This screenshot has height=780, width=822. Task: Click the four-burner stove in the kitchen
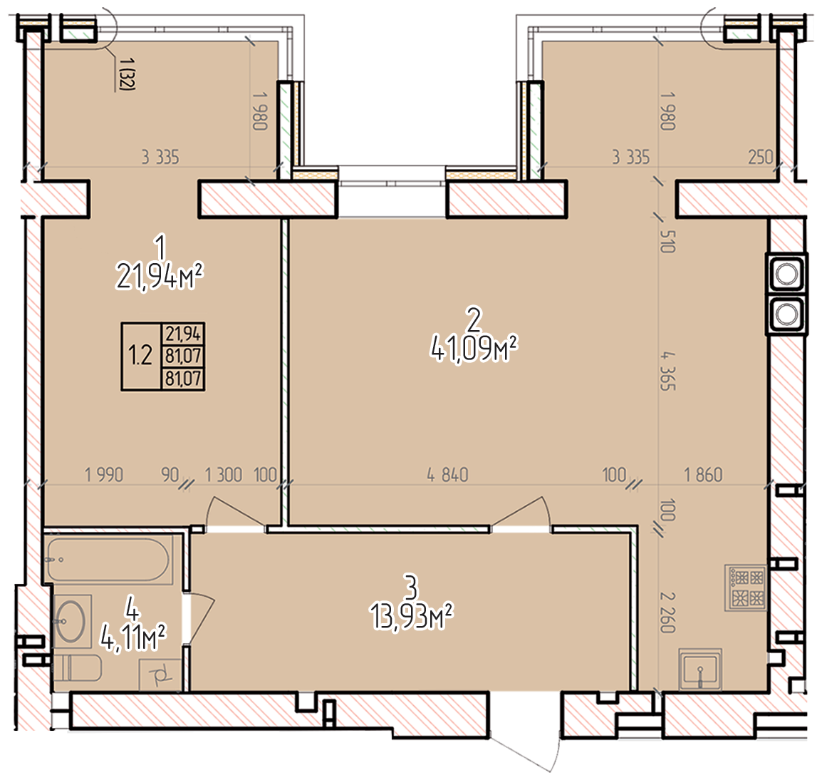(746, 587)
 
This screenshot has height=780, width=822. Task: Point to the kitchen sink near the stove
(700, 669)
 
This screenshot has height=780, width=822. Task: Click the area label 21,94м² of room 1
(159, 277)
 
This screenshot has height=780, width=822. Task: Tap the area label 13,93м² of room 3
(412, 616)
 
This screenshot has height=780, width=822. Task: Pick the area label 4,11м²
(133, 637)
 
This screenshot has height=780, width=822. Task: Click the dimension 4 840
(447, 475)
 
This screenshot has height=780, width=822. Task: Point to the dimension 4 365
(667, 371)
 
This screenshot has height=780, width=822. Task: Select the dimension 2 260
(667, 612)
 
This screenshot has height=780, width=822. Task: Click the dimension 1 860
(704, 475)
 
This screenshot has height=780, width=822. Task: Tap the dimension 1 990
(104, 475)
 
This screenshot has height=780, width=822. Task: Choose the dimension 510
(667, 242)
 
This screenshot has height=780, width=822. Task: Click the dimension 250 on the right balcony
(760, 157)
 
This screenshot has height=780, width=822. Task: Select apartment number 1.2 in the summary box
(140, 356)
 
